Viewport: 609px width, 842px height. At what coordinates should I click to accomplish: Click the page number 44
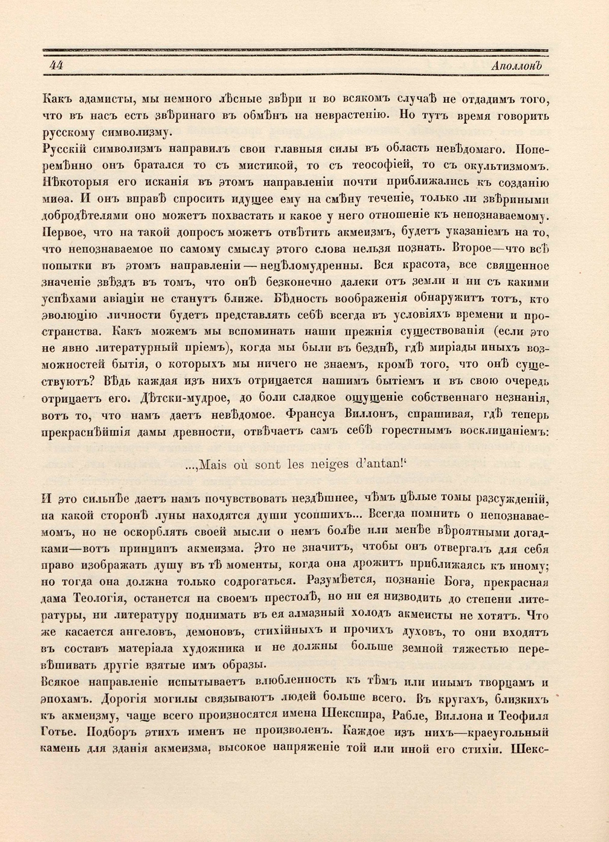pyautogui.click(x=56, y=67)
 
